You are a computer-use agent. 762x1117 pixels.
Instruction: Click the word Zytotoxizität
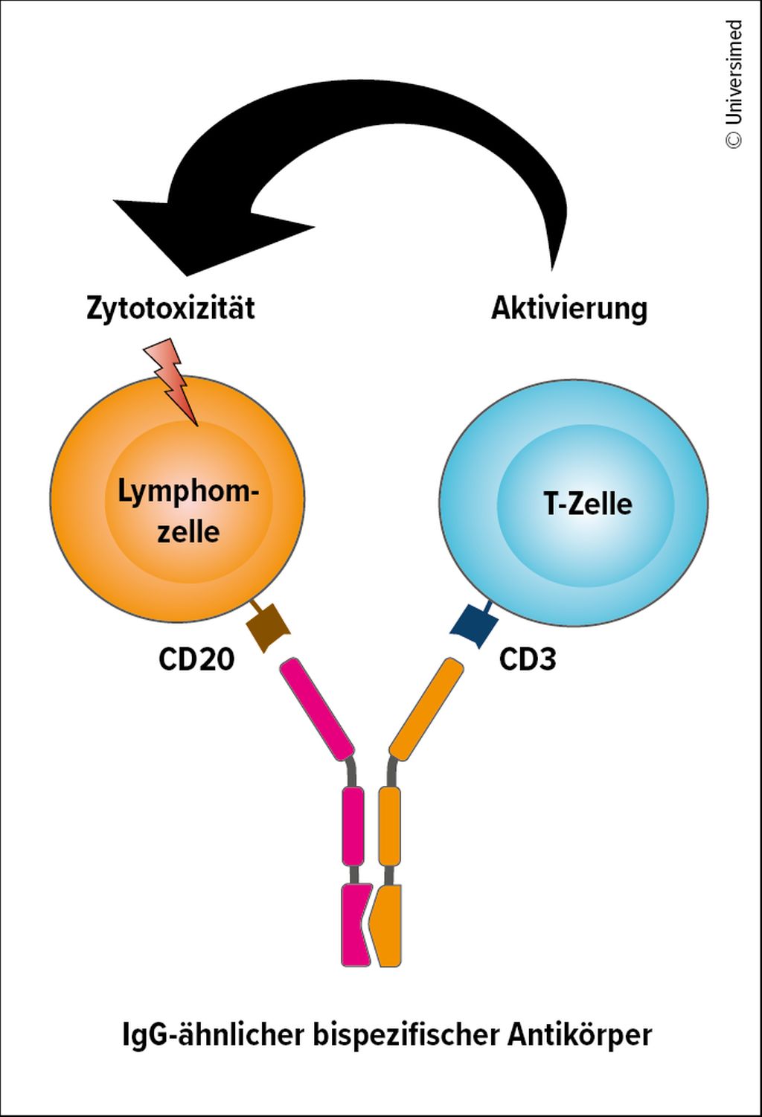click(x=170, y=308)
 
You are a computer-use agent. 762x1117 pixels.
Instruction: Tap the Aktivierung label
click(x=569, y=308)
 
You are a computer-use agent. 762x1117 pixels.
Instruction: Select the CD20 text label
click(x=196, y=659)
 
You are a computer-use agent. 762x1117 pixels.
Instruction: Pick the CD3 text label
click(x=528, y=659)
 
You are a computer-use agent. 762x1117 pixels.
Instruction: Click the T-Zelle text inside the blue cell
click(x=588, y=504)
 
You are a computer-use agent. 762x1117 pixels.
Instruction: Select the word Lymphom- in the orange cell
click(x=188, y=492)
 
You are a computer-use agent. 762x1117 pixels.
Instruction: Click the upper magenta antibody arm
click(x=316, y=708)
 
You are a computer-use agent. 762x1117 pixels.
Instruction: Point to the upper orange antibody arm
click(x=426, y=708)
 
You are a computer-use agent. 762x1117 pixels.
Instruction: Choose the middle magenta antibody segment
click(x=353, y=826)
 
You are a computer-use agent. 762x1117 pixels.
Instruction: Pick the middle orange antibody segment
click(x=390, y=826)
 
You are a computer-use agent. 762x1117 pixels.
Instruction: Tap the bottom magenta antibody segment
click(x=354, y=925)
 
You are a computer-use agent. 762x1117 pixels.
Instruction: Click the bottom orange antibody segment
click(x=390, y=925)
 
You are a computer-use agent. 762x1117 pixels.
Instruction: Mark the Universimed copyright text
click(x=734, y=84)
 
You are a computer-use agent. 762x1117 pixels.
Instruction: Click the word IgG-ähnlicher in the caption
click(x=214, y=1035)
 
